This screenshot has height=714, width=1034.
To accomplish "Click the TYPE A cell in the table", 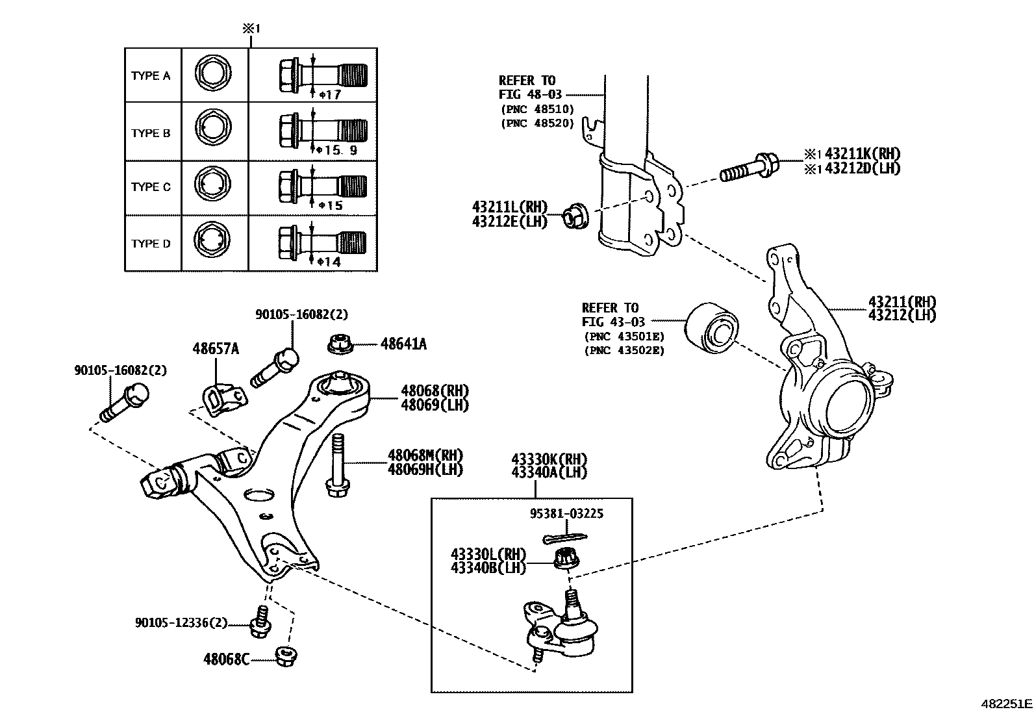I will point(151,76).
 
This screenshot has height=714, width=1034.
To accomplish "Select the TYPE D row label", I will point(151,244).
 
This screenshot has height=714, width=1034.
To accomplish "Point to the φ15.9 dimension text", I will point(337,150).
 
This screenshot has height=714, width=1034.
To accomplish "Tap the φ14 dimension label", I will point(329,262).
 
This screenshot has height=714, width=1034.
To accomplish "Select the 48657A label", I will point(215,349).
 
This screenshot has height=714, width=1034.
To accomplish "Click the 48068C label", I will point(226,659).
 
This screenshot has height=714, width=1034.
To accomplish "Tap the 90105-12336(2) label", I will point(181,623).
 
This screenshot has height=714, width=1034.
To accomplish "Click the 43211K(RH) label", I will point(861,154).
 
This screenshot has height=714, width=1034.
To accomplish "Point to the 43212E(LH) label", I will point(510,221).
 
